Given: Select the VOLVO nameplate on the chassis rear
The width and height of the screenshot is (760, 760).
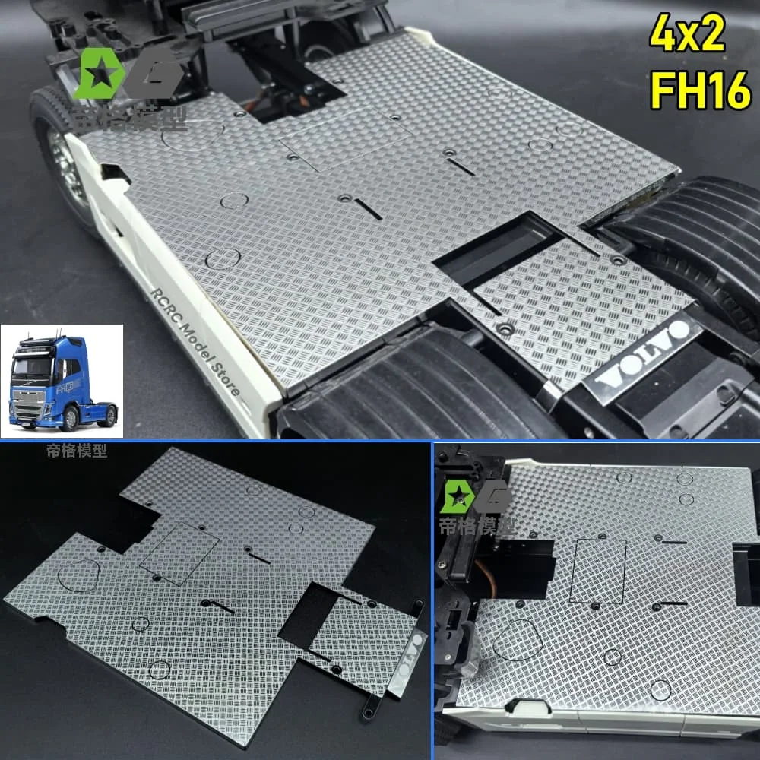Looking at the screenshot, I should (644, 352).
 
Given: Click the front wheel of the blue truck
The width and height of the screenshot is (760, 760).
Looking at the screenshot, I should (71, 416).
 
